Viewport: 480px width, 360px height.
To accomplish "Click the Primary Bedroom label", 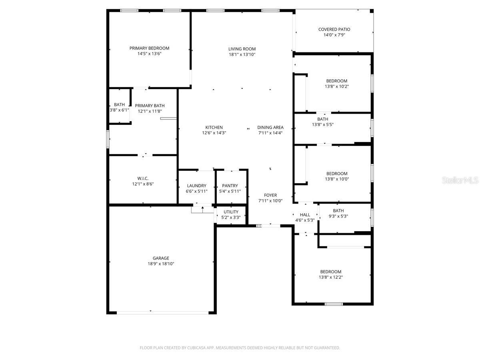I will point(149,48).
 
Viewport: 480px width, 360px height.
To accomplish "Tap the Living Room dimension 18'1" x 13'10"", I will point(242,54).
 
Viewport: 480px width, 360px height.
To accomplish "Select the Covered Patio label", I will point(334,29).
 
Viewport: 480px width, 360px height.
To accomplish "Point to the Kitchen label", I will point(214,127).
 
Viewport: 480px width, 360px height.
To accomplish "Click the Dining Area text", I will point(270,127).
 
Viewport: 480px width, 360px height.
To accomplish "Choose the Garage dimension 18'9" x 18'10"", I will point(161,264).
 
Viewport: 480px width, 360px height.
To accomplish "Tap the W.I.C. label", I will point(143,178).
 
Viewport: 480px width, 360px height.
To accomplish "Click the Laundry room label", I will point(196,186).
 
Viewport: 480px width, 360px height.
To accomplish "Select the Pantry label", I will point(230,186).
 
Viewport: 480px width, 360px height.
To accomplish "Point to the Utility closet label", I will point(231,212).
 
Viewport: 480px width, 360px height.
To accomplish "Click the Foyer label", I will point(270,195).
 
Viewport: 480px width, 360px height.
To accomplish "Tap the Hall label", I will point(305,215).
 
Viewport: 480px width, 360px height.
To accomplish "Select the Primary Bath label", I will point(150,106).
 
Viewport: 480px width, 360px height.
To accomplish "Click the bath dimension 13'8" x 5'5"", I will point(323,124).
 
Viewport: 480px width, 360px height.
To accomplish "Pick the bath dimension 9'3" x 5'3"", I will point(338,216).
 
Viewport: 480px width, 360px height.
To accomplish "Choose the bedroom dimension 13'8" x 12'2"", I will point(331,277).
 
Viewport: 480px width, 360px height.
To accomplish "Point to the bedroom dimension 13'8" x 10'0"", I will point(336,179).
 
